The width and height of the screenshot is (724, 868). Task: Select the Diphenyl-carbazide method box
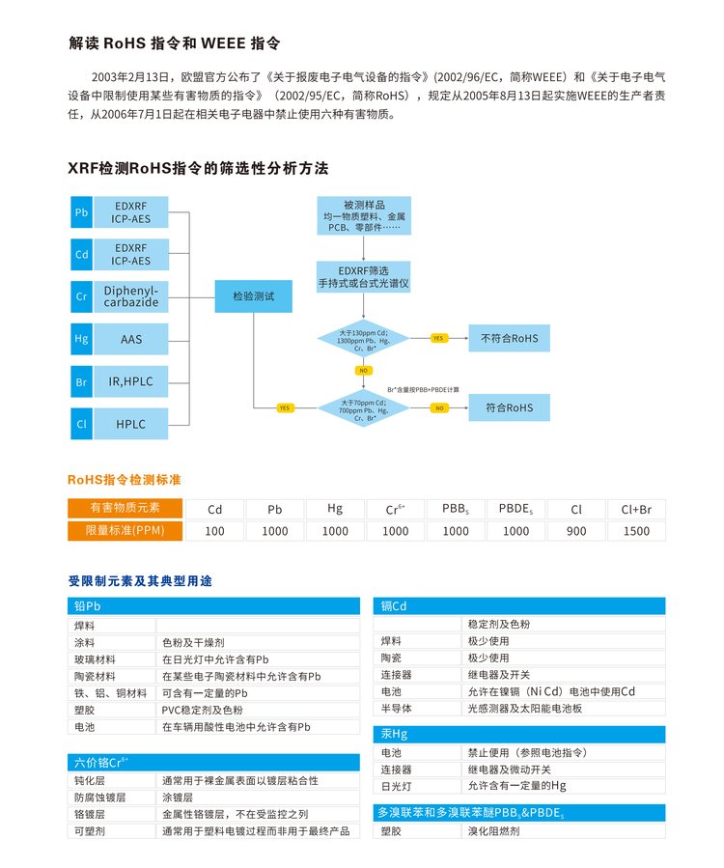pos(130,295)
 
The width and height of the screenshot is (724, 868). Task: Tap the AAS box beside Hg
pos(130,339)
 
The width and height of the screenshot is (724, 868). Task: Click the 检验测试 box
pos(253,296)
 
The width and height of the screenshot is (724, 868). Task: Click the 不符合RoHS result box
pos(509,339)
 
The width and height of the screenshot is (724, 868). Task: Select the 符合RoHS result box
pos(509,407)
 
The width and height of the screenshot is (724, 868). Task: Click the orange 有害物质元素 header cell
pos(125,508)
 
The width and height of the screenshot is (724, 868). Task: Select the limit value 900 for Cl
pos(576,531)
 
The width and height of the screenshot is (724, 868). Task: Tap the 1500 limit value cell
pos(636,531)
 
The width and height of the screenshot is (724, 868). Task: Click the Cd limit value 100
pos(214,531)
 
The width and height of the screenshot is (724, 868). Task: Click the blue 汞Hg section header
pos(519,734)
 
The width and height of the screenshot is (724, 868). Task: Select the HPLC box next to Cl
pos(130,423)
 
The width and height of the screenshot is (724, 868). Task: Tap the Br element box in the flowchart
pos(81,381)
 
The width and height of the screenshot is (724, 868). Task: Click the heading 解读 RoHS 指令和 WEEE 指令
pos(175,42)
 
